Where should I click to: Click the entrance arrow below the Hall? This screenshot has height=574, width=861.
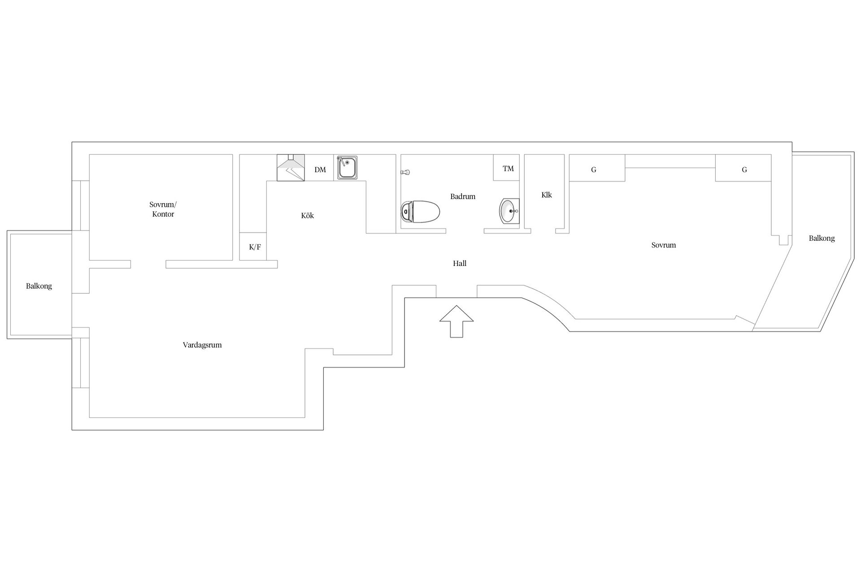pyautogui.click(x=457, y=321)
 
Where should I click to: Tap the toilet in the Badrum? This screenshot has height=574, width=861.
pyautogui.click(x=420, y=211)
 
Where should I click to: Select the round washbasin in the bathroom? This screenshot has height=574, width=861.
pyautogui.click(x=509, y=211)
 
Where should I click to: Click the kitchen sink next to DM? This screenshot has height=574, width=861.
pyautogui.click(x=348, y=168)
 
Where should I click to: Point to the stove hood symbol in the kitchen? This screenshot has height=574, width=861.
pyautogui.click(x=291, y=168)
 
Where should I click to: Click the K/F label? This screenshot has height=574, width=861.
pyautogui.click(x=255, y=247)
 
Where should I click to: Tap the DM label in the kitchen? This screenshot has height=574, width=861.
pyautogui.click(x=320, y=170)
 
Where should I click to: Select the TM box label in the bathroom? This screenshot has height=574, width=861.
pyautogui.click(x=508, y=169)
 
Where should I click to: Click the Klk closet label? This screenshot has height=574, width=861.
pyautogui.click(x=547, y=195)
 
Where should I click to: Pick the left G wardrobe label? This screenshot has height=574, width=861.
pyautogui.click(x=594, y=170)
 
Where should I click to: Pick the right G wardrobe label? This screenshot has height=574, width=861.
pyautogui.click(x=744, y=170)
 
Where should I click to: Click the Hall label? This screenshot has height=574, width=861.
pyautogui.click(x=460, y=263)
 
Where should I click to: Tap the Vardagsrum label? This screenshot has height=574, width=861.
pyautogui.click(x=202, y=345)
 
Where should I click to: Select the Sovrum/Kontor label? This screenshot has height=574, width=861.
pyautogui.click(x=163, y=209)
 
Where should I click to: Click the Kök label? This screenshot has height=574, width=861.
pyautogui.click(x=308, y=215)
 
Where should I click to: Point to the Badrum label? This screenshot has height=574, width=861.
pyautogui.click(x=463, y=196)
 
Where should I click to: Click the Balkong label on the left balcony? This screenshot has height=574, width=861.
pyautogui.click(x=39, y=286)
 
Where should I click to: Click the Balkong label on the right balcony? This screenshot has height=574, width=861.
pyautogui.click(x=822, y=239)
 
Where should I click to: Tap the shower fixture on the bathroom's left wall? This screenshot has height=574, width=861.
pyautogui.click(x=405, y=172)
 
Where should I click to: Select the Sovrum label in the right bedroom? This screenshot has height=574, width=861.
pyautogui.click(x=664, y=245)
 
